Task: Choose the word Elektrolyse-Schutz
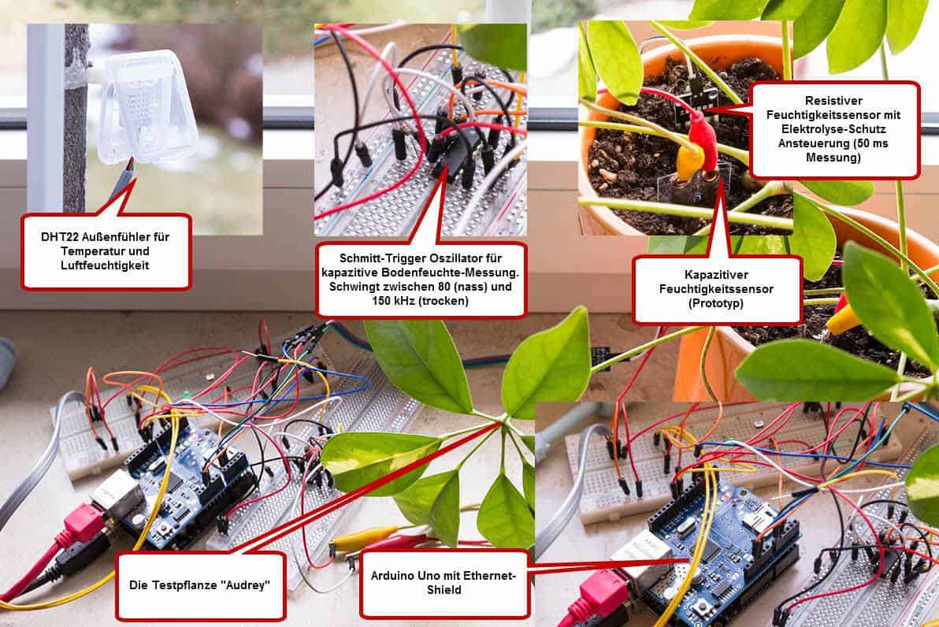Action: click(x=833, y=129)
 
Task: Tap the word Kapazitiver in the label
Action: click(x=716, y=274)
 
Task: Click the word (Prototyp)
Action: click(x=716, y=303)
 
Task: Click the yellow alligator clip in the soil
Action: click(x=688, y=161)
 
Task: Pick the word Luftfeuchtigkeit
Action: click(x=105, y=265)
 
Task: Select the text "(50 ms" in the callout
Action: click(x=869, y=143)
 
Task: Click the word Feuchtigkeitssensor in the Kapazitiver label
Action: click(x=716, y=288)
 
